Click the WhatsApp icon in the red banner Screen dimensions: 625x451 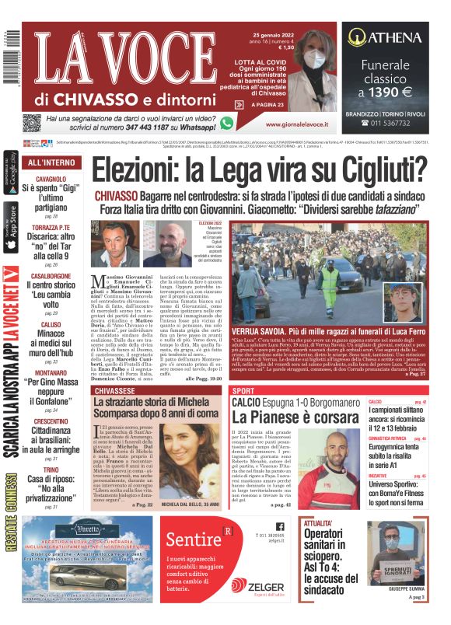pos(227,123)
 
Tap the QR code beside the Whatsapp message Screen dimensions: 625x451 pos(31,123)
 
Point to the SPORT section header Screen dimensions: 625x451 pos(244,389)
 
